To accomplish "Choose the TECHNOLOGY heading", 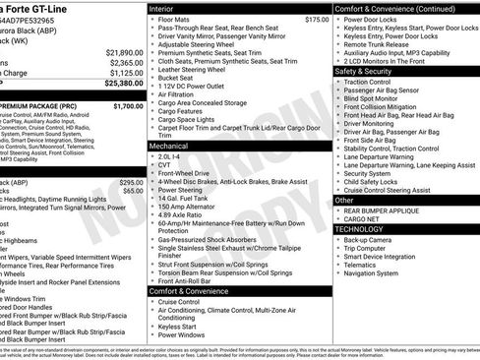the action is point(360,228).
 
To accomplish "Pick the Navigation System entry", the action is point(378,273).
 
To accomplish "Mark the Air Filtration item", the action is point(180,99).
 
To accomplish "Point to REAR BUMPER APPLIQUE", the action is point(387,210).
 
